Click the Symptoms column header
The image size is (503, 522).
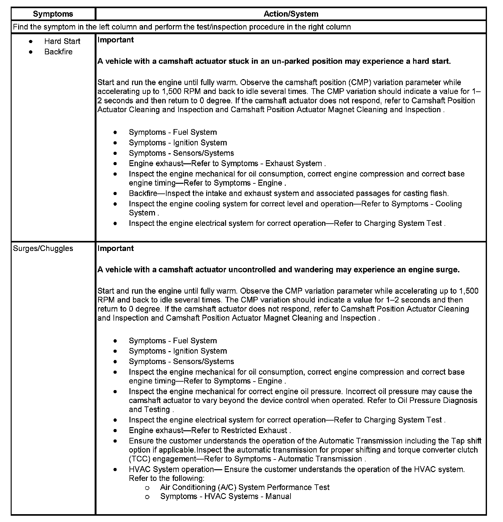point(53,14)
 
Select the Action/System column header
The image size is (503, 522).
point(291,14)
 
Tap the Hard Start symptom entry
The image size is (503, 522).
point(62,41)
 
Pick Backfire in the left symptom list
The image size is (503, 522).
point(58,52)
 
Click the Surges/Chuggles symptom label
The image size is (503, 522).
point(43,248)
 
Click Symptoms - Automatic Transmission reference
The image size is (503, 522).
point(298,459)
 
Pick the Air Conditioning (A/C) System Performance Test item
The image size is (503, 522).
point(245,487)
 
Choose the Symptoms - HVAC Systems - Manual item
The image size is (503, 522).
point(226,497)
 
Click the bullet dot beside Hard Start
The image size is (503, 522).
point(30,41)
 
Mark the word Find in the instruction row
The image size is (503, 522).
point(20,27)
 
